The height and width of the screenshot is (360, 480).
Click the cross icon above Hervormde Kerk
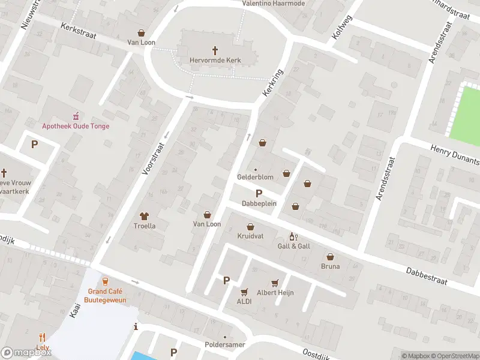point(215,50)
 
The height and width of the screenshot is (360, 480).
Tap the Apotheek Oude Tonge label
point(76,125)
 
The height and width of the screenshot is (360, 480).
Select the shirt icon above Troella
point(144,215)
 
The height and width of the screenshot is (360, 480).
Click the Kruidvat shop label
point(250,236)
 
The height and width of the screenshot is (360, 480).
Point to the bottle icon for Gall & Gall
point(293,236)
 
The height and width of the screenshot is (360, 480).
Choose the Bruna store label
point(330,266)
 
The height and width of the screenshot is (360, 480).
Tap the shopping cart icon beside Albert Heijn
point(275,282)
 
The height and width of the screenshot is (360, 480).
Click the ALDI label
point(244,302)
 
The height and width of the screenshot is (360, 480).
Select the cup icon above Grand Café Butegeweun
point(106,281)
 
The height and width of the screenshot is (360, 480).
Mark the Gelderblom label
point(255,178)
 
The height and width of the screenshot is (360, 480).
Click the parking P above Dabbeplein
point(259,193)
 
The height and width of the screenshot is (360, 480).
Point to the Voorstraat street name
point(153,158)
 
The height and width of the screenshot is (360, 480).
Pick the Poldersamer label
point(225,346)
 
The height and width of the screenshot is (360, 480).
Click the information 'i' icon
point(136,327)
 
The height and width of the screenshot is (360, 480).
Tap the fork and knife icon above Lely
point(42,338)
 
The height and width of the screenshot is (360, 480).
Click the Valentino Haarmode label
point(273,4)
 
